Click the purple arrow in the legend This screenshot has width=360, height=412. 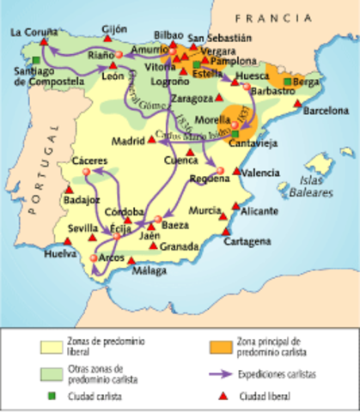(x=225, y=374)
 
